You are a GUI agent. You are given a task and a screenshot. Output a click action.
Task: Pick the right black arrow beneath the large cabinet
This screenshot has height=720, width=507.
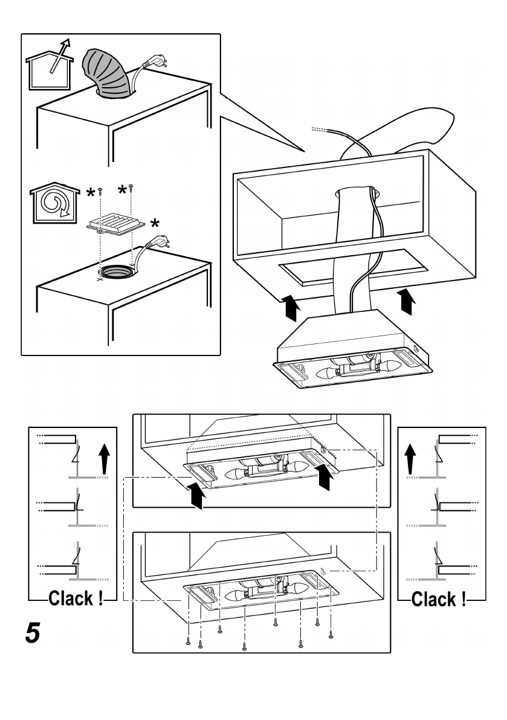[x=408, y=301]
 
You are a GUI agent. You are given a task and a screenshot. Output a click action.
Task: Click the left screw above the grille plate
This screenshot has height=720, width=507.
[x=100, y=191]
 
